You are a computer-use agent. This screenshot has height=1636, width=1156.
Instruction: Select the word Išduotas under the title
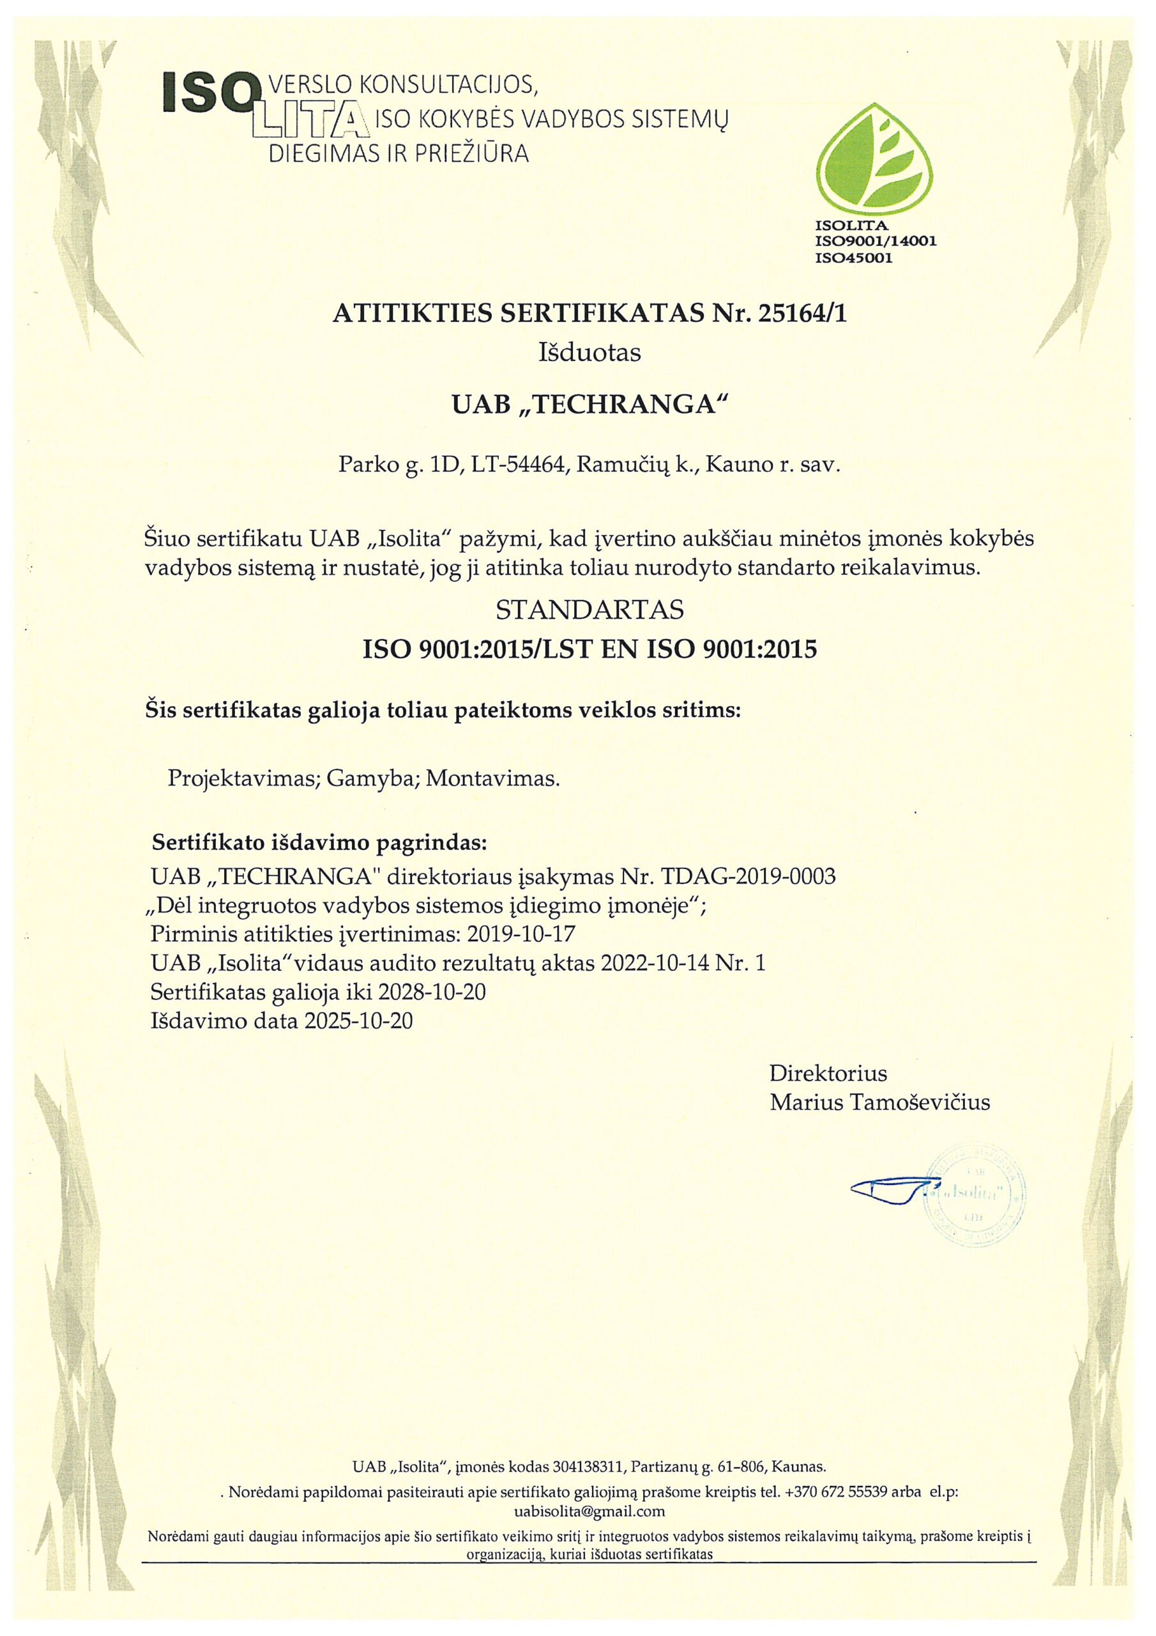click(591, 353)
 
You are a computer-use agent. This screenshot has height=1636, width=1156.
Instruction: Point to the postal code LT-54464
click(519, 466)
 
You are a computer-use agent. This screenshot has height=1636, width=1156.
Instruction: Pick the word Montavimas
click(490, 778)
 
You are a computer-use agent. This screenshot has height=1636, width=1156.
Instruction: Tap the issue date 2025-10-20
click(358, 1021)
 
